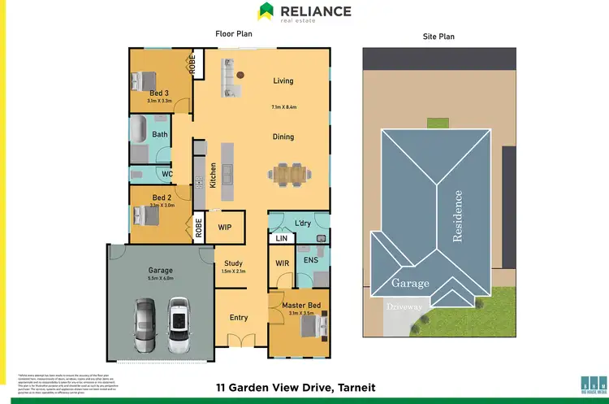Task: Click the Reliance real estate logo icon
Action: click(x=266, y=11)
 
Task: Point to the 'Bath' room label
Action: click(x=160, y=134)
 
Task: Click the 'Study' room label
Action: click(x=234, y=263)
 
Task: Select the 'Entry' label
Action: click(x=239, y=317)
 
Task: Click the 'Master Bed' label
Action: click(x=301, y=305)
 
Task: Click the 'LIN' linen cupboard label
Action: click(x=281, y=239)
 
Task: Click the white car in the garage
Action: click(x=179, y=319)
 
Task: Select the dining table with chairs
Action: click(x=292, y=173)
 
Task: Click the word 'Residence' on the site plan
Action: click(x=458, y=215)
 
